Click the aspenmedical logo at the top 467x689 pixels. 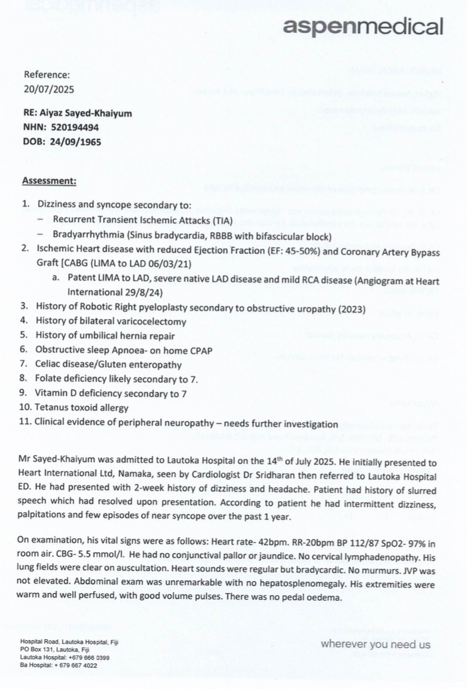click(x=363, y=26)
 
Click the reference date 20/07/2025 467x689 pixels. click(x=48, y=91)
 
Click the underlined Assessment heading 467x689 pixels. click(x=49, y=181)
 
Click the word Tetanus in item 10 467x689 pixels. click(x=51, y=410)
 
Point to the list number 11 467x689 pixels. click(x=26, y=424)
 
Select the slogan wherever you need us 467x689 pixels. click(x=375, y=644)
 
